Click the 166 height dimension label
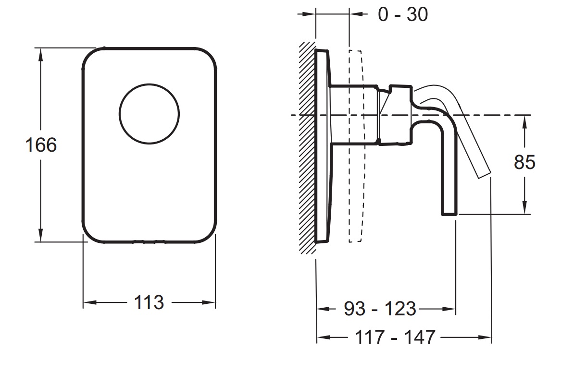(41, 145)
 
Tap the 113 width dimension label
(149, 302)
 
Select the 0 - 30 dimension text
(403, 14)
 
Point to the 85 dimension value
(524, 162)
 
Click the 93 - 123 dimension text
(380, 308)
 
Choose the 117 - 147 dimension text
(395, 337)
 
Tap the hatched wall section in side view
(308, 148)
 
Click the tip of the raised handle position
(485, 174)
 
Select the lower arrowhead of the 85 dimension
(524, 208)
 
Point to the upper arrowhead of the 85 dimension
(524, 121)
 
